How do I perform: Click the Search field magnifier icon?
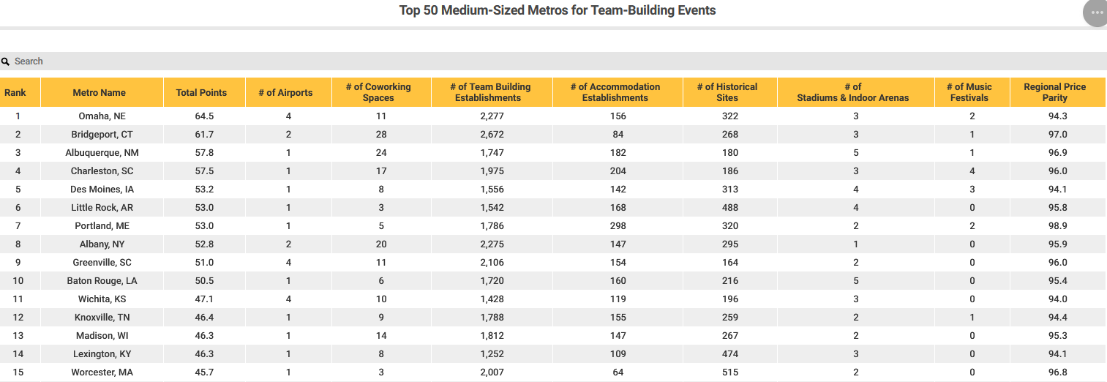(5, 61)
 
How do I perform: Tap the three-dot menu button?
(1096, 13)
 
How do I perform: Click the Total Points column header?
(201, 92)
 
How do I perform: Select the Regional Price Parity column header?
(1054, 92)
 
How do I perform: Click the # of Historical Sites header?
(727, 92)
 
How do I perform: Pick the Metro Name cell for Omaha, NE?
(102, 116)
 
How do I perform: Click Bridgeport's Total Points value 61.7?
(204, 135)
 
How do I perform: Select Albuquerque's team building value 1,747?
(492, 153)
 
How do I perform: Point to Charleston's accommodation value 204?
(618, 171)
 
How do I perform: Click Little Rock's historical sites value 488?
(730, 208)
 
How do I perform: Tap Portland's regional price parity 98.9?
(1057, 226)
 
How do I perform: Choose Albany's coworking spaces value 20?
(381, 244)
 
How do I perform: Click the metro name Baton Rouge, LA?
(102, 281)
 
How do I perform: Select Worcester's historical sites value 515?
(730, 372)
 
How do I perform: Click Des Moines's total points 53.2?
(204, 190)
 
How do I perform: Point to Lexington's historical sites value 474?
(730, 354)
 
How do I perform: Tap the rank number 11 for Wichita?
(18, 299)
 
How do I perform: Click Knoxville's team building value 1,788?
(492, 318)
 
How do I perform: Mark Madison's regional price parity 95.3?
(1057, 336)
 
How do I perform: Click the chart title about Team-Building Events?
(558, 10)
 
